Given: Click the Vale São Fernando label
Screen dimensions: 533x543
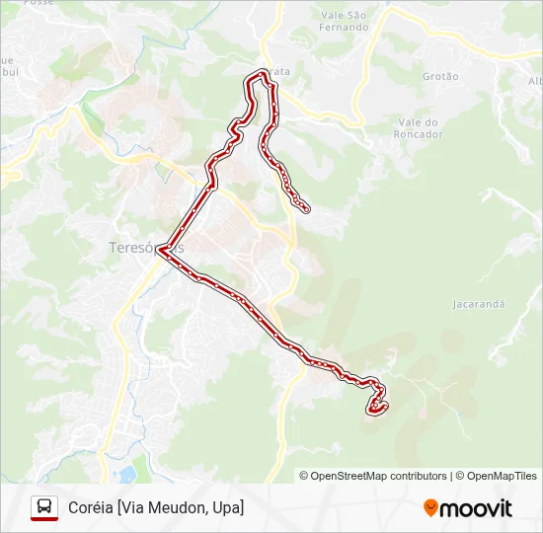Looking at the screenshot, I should pyautogui.click(x=345, y=21).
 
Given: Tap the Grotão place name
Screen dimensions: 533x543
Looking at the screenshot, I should pyautogui.click(x=440, y=76).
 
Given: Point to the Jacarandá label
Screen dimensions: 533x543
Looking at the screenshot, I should pyautogui.click(x=478, y=304).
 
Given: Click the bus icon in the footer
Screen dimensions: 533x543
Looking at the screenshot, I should pyautogui.click(x=44, y=507).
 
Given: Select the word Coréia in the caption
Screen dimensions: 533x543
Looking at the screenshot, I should pyautogui.click(x=90, y=507).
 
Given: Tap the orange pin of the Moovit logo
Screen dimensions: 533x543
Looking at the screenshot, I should pyautogui.click(x=430, y=508).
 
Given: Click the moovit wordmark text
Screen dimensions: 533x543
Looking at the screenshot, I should pyautogui.click(x=476, y=508).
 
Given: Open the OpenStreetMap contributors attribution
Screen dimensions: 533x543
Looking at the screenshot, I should pyautogui.click(x=379, y=476).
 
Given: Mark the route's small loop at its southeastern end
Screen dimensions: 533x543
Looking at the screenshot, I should pyautogui.click(x=376, y=405).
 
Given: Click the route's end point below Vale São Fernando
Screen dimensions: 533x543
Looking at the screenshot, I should pyautogui.click(x=306, y=208).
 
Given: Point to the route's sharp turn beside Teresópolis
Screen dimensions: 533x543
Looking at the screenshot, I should pyautogui.click(x=160, y=250).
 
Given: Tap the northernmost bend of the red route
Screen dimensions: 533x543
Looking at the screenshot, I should pyautogui.click(x=262, y=72).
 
